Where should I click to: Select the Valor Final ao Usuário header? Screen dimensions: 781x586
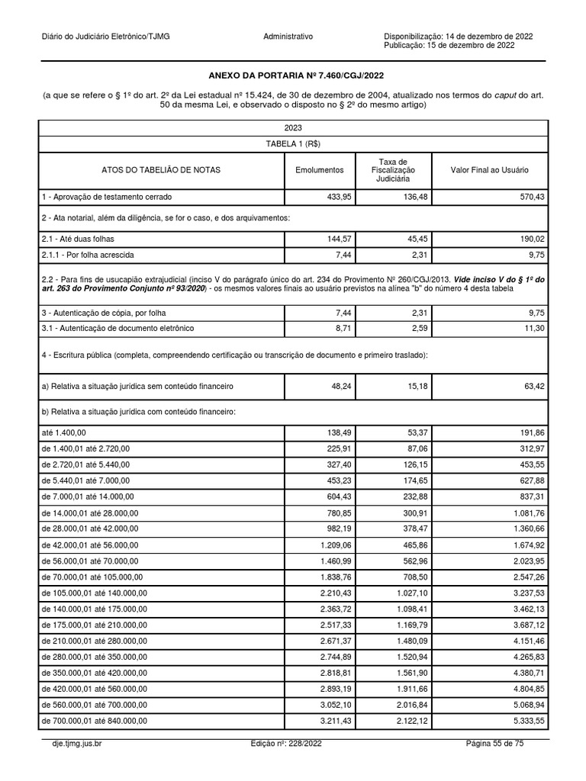(490, 170)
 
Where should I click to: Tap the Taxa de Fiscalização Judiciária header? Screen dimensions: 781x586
(393, 170)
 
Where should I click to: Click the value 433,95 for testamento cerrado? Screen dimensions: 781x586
(336, 197)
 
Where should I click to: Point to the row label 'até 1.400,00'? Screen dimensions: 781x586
(65, 432)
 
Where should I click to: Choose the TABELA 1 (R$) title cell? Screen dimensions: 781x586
(293, 143)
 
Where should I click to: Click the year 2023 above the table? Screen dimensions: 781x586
(293, 127)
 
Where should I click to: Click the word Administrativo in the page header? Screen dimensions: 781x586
(288, 37)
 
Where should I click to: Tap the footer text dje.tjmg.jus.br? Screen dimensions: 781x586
(72, 742)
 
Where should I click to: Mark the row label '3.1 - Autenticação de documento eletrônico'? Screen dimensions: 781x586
(118, 328)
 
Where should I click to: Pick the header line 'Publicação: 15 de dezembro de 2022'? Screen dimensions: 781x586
(449, 46)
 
